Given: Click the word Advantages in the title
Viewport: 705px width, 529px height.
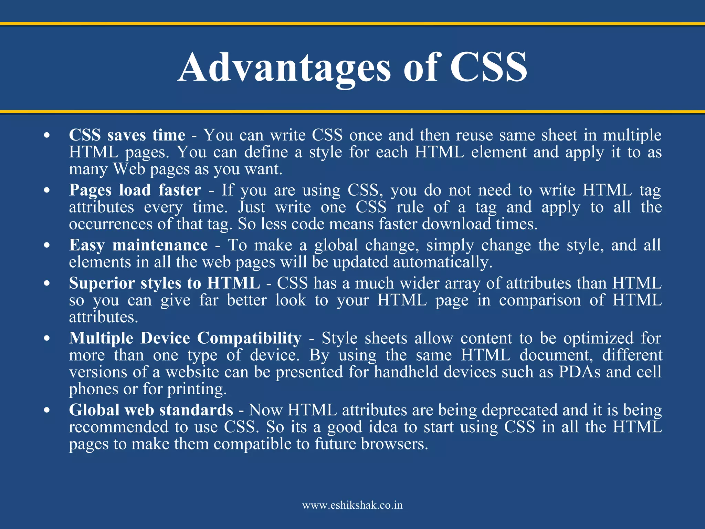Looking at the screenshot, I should point(284,68).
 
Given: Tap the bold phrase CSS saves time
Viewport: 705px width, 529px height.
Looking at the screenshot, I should point(127,135).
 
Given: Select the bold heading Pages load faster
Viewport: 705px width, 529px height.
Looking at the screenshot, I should point(135,190).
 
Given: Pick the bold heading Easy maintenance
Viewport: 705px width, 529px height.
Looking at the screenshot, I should point(138,245).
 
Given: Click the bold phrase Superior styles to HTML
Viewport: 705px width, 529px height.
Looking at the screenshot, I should point(164,283).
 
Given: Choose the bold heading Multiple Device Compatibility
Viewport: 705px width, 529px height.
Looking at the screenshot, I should point(185,338).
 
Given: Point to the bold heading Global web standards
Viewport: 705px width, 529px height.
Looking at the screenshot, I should point(151,410).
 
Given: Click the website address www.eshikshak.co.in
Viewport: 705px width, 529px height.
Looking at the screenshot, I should point(352,505).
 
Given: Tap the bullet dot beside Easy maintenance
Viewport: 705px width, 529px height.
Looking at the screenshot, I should point(47,246).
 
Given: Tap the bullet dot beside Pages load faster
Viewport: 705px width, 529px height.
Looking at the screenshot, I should point(47,190).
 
